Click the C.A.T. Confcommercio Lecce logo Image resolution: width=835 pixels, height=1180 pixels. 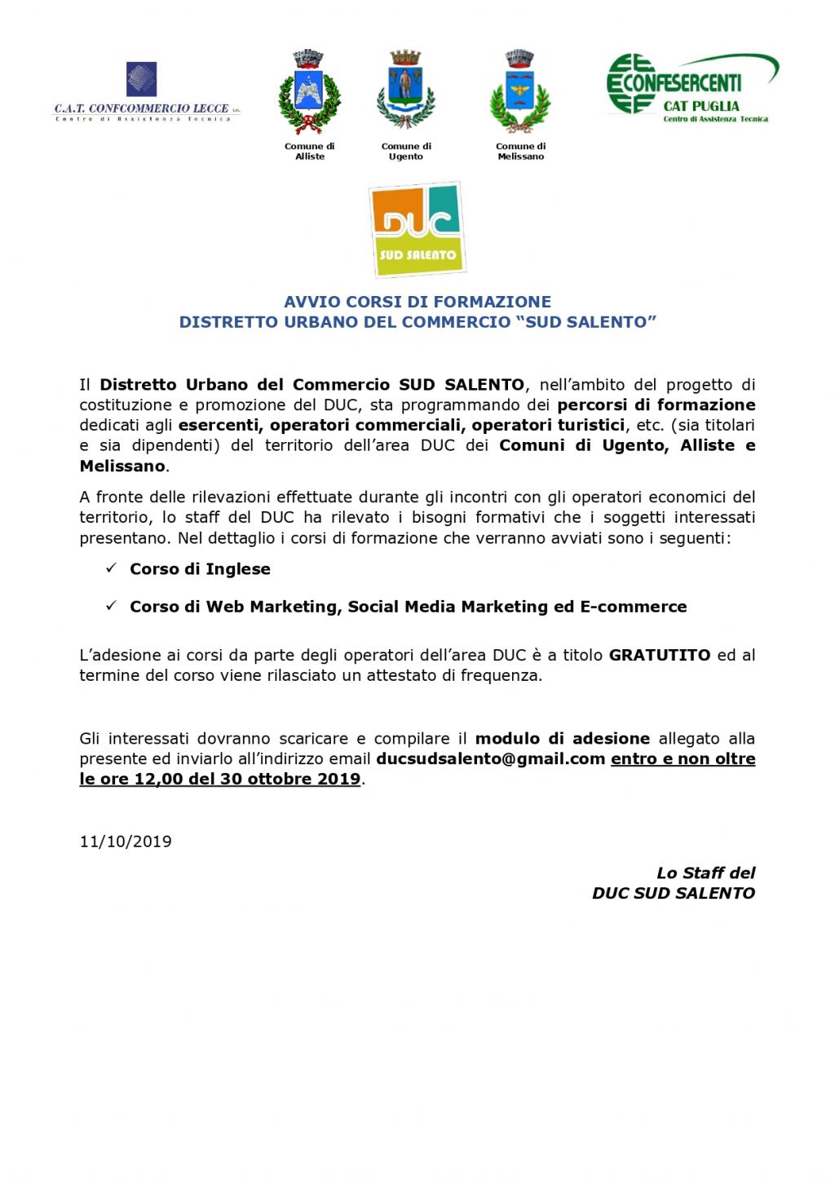point(144,92)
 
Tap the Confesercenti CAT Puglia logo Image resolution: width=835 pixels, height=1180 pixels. point(691,87)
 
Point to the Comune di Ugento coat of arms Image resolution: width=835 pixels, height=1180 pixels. point(405,90)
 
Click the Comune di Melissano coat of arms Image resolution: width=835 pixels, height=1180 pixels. point(520,91)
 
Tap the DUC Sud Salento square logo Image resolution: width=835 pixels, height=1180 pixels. point(417,230)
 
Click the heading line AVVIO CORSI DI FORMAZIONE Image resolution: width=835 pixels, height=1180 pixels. point(417,302)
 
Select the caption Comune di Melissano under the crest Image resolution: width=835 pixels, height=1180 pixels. point(520,152)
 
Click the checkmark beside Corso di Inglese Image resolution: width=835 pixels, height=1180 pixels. point(111,568)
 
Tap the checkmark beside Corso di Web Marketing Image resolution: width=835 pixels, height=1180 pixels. point(111,605)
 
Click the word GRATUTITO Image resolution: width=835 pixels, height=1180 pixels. point(660,655)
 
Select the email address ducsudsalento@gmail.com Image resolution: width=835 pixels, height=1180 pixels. point(490,758)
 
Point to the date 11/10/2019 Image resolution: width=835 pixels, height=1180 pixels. point(126,842)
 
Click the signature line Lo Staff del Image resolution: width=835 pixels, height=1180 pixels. point(705,873)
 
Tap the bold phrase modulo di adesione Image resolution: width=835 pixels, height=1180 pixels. point(562,738)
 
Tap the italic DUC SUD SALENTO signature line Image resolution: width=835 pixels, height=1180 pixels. point(674,893)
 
